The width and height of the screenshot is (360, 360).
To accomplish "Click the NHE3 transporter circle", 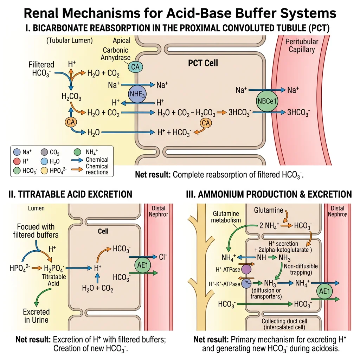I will tap(137, 94).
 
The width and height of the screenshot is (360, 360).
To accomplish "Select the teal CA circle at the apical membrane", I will tap(135, 66).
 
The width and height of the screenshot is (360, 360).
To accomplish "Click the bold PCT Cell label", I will tap(203, 63).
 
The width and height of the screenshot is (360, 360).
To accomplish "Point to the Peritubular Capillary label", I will tap(302, 45).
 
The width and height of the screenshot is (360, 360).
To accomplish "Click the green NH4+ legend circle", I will tap(78, 152).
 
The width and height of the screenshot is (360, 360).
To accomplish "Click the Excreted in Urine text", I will tap(36, 316).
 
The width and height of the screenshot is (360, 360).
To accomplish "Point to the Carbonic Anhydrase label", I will tap(116, 54).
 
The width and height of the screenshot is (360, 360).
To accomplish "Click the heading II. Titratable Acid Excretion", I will tap(70, 194).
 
